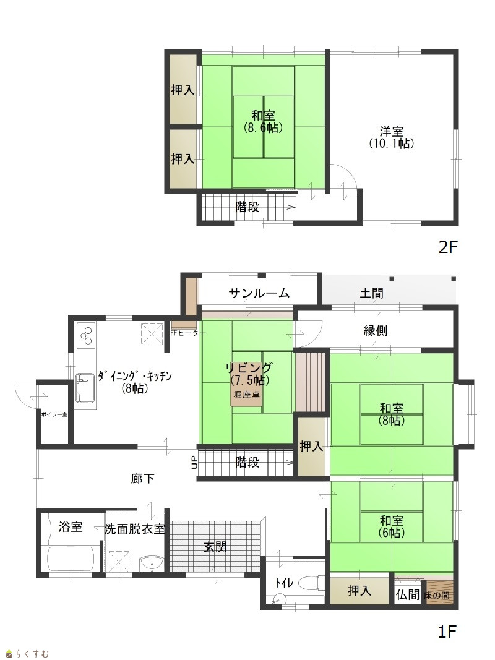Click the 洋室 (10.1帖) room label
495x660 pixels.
392,137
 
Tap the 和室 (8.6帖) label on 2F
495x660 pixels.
263,122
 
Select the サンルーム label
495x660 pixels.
259,293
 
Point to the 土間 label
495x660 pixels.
372,293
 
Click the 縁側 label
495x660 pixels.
375,331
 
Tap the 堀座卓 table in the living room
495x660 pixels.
247,395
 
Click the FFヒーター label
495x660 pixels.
188,333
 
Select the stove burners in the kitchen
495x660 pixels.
85,335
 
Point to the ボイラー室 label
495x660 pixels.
54,414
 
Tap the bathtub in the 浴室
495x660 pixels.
71,559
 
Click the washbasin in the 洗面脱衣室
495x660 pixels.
151,563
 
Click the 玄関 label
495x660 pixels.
215,547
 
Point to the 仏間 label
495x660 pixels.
408,594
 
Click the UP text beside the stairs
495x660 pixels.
193,463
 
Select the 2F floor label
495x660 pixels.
447,247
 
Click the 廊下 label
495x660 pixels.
142,479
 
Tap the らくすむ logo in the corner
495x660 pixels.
27,653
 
